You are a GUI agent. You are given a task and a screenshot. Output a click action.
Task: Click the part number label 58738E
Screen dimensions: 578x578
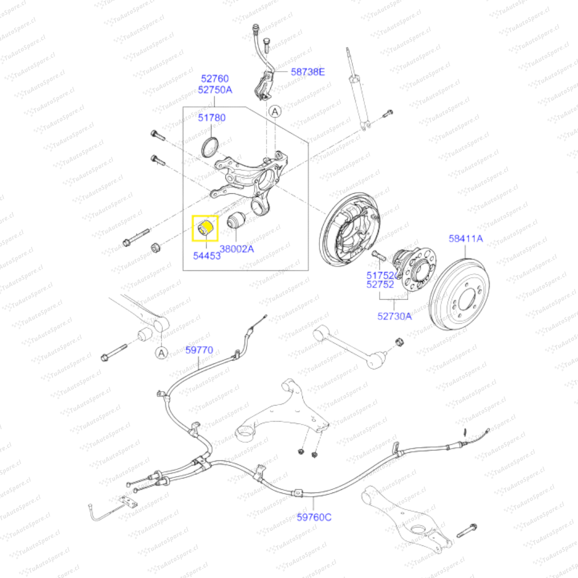click(308, 71)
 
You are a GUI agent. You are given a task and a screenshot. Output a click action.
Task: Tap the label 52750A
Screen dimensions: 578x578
click(215, 90)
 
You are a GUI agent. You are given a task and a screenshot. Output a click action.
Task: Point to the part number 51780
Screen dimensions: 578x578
click(212, 118)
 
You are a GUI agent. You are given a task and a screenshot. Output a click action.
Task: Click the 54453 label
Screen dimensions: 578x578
click(207, 256)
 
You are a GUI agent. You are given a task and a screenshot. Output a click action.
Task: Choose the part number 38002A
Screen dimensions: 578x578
click(237, 248)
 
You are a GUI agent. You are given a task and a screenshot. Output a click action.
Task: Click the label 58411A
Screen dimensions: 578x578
click(466, 239)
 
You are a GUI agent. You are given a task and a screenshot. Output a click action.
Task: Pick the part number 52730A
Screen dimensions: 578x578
click(394, 316)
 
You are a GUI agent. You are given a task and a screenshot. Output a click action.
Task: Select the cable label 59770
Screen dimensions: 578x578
click(200, 350)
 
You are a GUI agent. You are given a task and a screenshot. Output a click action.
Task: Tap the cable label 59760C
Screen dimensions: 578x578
click(314, 517)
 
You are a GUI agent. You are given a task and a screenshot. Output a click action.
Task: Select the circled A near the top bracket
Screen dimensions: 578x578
click(275, 111)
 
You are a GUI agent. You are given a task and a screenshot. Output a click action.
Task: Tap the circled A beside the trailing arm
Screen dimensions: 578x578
click(162, 352)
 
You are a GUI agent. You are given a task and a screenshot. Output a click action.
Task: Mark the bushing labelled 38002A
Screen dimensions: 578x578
click(235, 220)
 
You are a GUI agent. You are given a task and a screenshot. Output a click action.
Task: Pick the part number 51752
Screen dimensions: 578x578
click(381, 275)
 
